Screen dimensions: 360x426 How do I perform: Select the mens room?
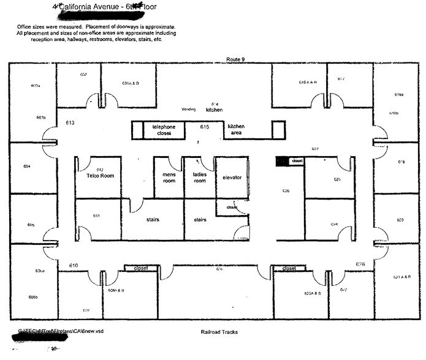(169, 178)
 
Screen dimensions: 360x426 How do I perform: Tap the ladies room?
(199, 178)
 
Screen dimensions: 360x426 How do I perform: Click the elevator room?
(232, 178)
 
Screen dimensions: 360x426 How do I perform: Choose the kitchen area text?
(236, 129)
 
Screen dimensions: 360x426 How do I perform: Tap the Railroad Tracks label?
(219, 332)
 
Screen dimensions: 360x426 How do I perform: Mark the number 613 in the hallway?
(70, 123)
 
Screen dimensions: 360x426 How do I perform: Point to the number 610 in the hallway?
(74, 264)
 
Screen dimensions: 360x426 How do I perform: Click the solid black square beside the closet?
(281, 160)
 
